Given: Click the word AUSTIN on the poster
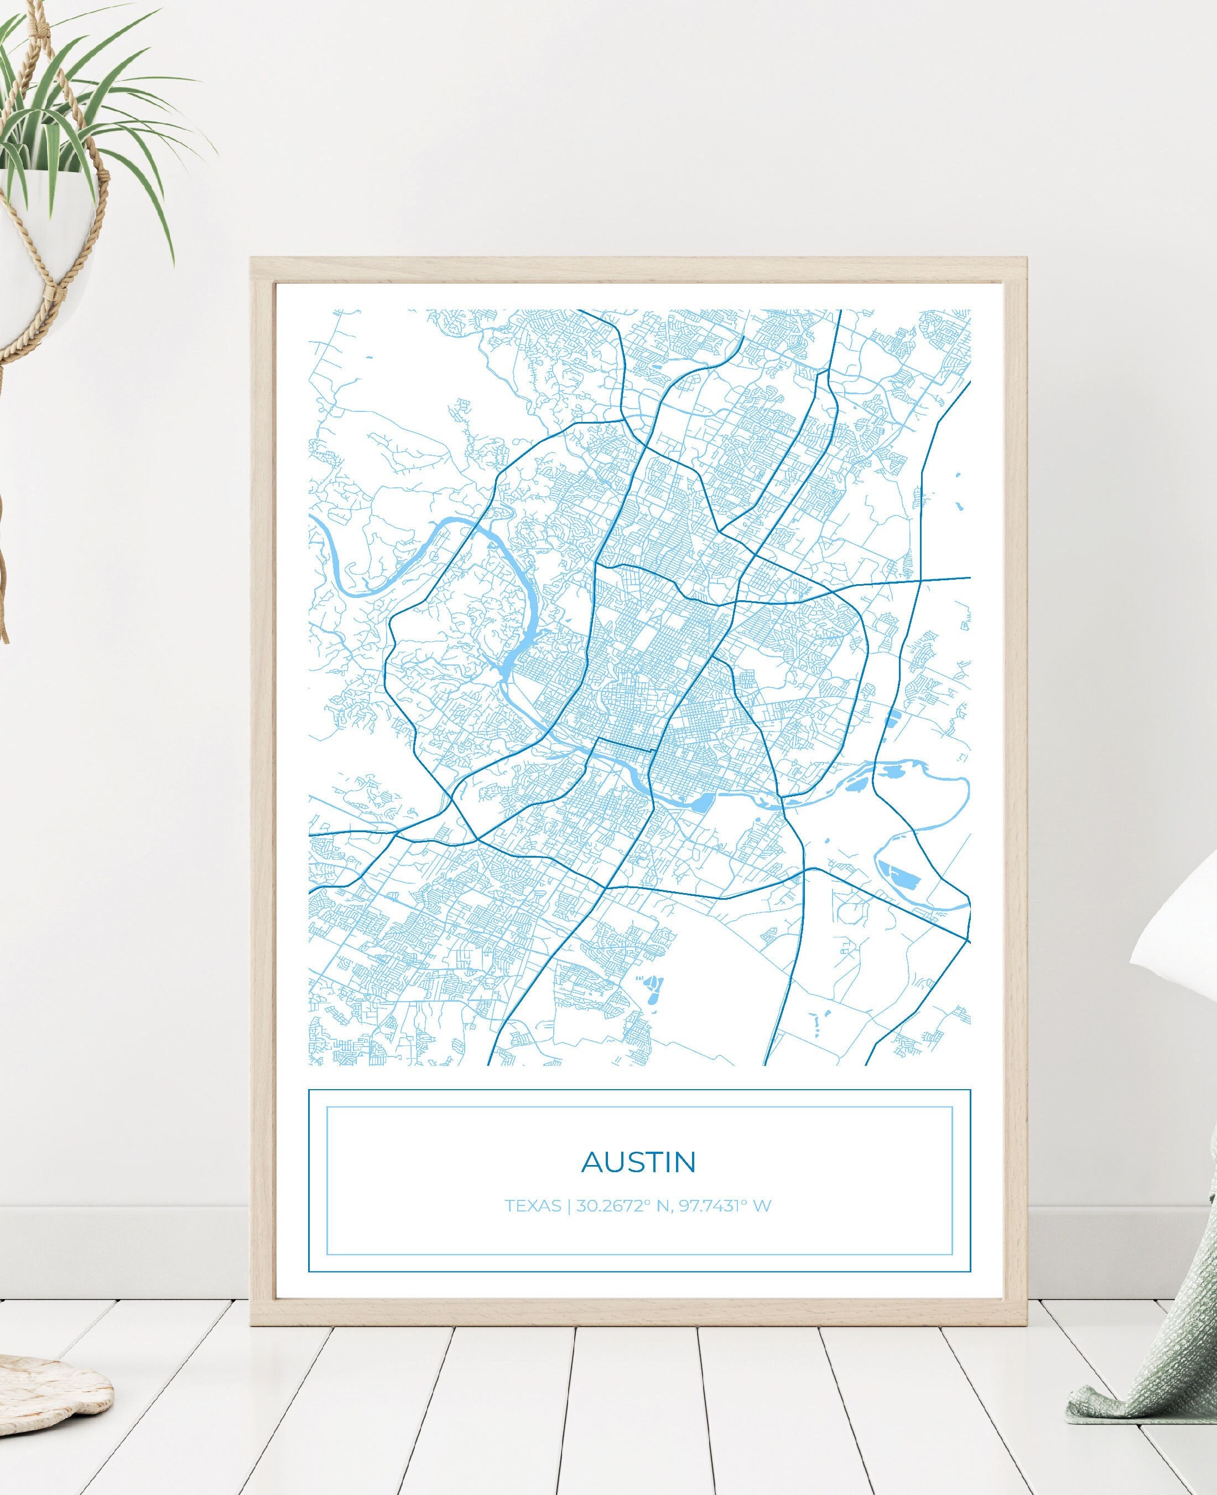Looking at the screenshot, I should [x=638, y=1162].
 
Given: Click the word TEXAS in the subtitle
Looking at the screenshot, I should [x=533, y=1206].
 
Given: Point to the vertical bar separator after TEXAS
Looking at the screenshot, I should [x=569, y=1206].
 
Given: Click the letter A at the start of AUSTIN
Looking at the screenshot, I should [x=593, y=1162].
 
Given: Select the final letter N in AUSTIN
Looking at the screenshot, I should [x=684, y=1162].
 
